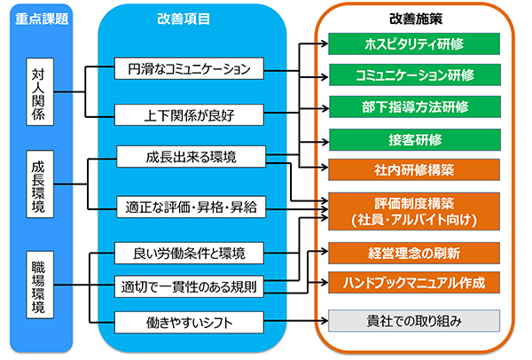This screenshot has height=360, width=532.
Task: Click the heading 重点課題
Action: pyautogui.click(x=42, y=19)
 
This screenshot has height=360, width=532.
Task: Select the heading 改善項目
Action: pyautogui.click(x=184, y=19)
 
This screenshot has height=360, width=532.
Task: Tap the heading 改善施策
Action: pyautogui.click(x=416, y=19)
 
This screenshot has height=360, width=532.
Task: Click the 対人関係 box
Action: pyautogui.click(x=40, y=91)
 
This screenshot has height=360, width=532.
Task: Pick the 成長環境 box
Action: pyautogui.click(x=40, y=184)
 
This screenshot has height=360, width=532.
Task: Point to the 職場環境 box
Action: pyautogui.click(x=40, y=285)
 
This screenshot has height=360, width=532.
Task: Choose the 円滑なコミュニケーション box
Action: pyautogui.click(x=189, y=68)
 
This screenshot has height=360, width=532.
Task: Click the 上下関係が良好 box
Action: pyautogui.click(x=189, y=115)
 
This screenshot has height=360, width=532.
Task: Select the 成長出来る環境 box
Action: pyautogui.click(x=191, y=157)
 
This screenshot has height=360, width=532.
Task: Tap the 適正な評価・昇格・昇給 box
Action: pyautogui.click(x=191, y=207)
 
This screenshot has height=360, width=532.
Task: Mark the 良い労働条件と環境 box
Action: pyautogui.click(x=189, y=253)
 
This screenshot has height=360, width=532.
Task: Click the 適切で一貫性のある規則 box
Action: pyautogui.click(x=189, y=286)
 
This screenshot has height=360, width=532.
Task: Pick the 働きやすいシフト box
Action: pyautogui.click(x=189, y=323)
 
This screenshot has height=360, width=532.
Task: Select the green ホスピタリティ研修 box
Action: pyautogui.click(x=414, y=43)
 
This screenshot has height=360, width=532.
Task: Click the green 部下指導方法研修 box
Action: pyautogui.click(x=415, y=107)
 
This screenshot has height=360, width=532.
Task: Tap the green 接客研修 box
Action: pyautogui.click(x=415, y=140)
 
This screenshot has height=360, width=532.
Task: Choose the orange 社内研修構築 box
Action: pyautogui.click(x=414, y=169)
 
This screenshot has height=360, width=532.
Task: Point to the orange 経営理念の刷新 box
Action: pyautogui.click(x=414, y=253)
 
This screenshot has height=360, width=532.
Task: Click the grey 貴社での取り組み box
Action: pyautogui.click(x=414, y=321)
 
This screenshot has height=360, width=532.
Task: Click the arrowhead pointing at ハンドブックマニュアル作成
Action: pyautogui.click(x=325, y=282)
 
